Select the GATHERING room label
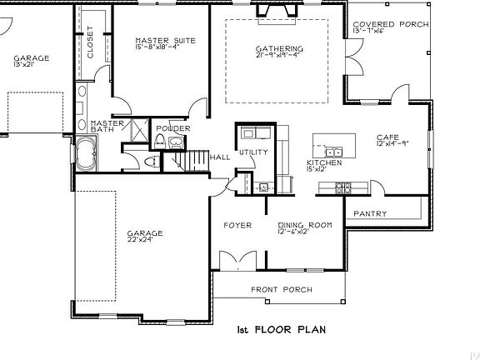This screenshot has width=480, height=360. pos(280,49)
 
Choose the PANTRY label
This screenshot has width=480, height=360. pos(369,214)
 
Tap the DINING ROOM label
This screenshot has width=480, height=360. pos(305,225)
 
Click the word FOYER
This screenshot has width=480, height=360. pos(237,225)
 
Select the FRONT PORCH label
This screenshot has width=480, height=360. pos(282,290)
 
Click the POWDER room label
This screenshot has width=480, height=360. pos(172,128)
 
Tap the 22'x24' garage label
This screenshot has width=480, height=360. pos(145,233)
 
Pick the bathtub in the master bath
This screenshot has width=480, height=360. pos(87,155)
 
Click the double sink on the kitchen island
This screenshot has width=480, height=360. pos(336,152)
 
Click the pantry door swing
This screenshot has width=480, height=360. pos(377,187)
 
